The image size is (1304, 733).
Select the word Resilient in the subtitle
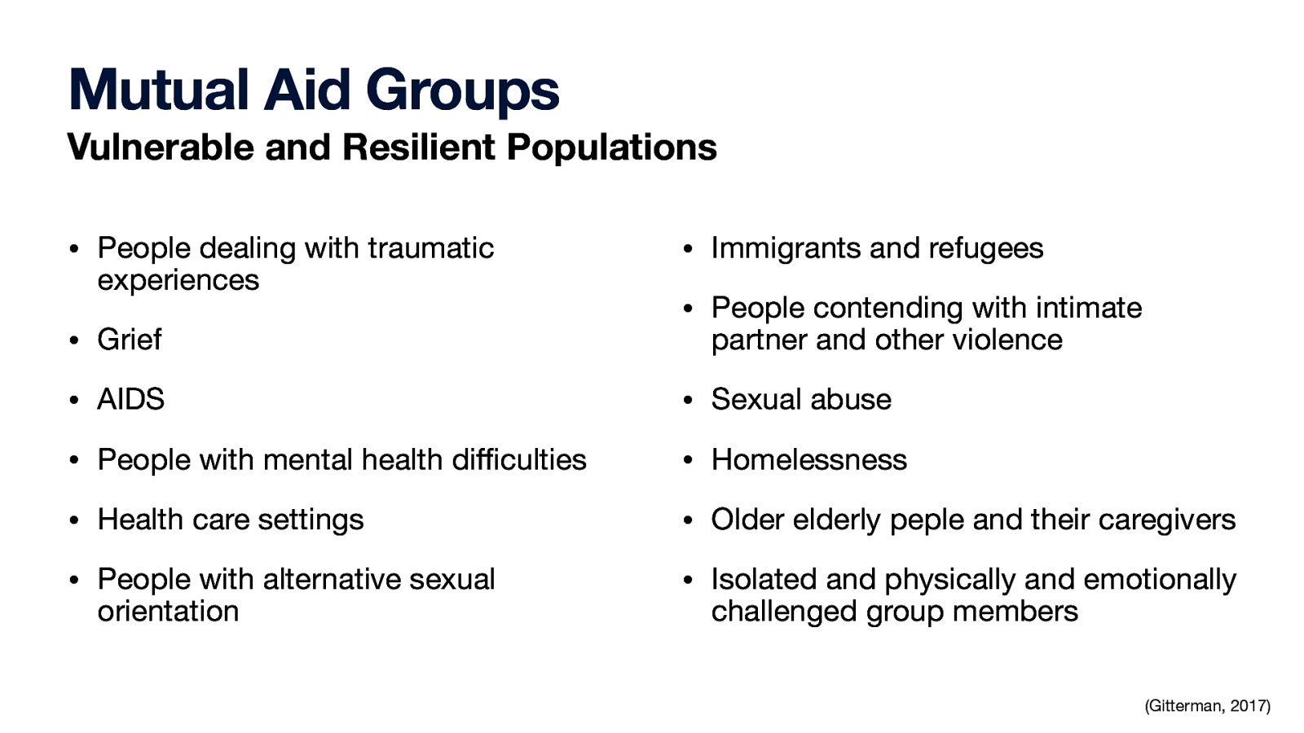(418, 147)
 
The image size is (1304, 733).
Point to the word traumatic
(430, 248)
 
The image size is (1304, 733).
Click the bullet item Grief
(130, 340)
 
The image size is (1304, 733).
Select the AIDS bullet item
(130, 399)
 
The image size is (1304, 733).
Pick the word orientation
(168, 611)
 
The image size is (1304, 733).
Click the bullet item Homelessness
(808, 459)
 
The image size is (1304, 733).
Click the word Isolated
(764, 579)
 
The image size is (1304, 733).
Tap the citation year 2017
(1249, 706)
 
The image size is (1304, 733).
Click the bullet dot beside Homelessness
(688, 461)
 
